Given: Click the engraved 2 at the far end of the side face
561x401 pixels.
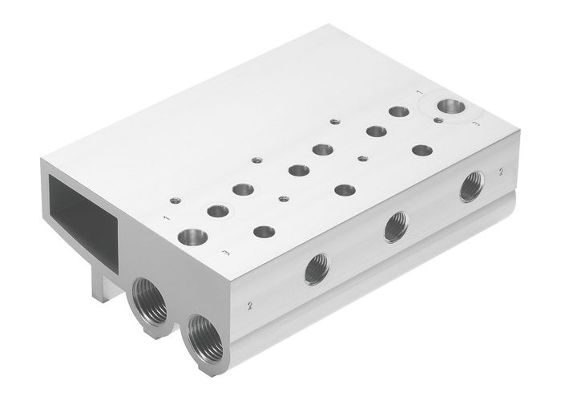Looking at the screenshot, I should pos(500,171).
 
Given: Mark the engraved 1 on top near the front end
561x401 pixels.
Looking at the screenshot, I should pos(167,217).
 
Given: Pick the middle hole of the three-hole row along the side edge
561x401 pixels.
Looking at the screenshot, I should pos(345,190).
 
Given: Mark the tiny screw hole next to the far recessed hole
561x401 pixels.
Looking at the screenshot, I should pos(438,119).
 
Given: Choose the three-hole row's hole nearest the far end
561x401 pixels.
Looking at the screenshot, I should pos(422,150).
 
